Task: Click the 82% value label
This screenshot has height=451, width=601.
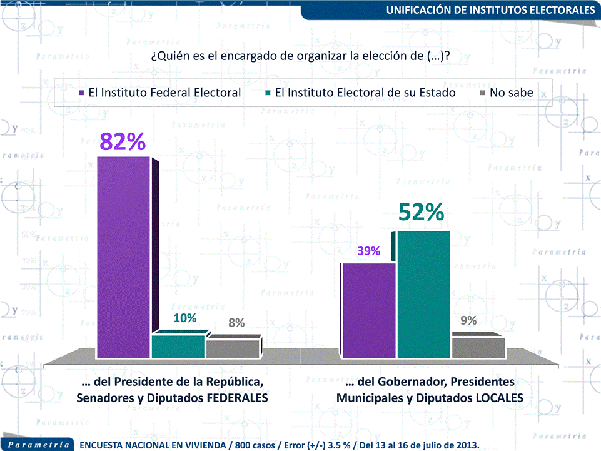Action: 123,142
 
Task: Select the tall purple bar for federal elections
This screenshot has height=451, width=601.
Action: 123,256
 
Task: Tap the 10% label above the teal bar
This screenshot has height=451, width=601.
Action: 185,318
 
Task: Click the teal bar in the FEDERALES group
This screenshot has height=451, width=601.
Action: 178,347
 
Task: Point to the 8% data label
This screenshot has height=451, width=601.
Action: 236,323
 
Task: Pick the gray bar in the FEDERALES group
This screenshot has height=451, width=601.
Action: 232,349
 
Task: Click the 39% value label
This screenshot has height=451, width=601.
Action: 369,251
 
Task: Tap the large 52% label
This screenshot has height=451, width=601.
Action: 422,213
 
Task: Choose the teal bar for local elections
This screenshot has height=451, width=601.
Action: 423,294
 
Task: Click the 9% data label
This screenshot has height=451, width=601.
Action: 468,320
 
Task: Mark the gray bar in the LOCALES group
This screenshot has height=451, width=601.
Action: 478,348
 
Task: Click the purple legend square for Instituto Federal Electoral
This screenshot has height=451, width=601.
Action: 81,93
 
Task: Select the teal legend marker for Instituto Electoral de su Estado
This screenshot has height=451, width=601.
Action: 268,93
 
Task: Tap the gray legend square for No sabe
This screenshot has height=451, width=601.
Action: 482,93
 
